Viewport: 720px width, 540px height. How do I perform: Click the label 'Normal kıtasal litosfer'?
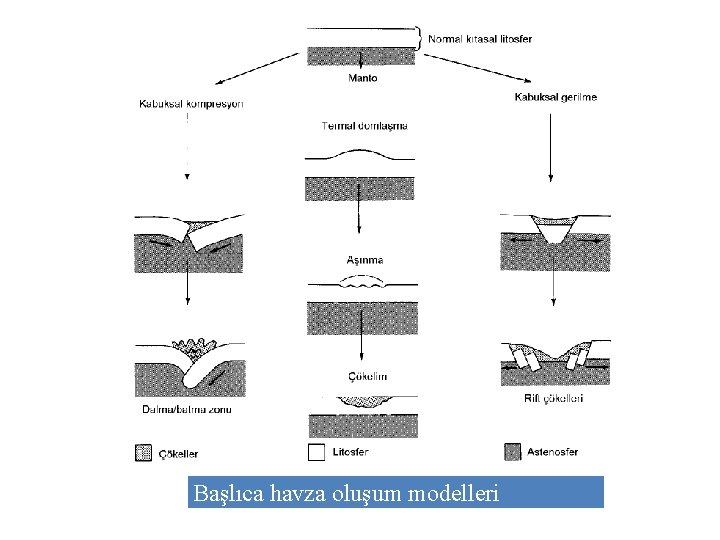(480, 39)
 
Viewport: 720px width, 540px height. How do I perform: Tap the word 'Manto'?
(362, 78)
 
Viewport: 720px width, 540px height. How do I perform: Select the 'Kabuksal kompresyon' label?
(191, 103)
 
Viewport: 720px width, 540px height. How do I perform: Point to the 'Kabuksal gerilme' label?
(555, 97)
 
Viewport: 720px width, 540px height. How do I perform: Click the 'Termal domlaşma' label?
(364, 126)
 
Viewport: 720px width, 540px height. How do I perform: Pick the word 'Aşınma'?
(364, 260)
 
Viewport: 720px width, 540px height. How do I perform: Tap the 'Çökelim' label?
(368, 376)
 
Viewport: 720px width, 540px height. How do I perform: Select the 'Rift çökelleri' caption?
(554, 398)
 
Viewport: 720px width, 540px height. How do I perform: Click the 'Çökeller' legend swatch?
(143, 452)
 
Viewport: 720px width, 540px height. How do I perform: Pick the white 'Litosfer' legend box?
(316, 452)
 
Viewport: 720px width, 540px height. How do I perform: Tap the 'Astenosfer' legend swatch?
(514, 452)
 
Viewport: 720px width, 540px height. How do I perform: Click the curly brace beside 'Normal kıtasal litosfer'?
(420, 38)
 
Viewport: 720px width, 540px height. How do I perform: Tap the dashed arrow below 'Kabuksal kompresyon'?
(187, 145)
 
